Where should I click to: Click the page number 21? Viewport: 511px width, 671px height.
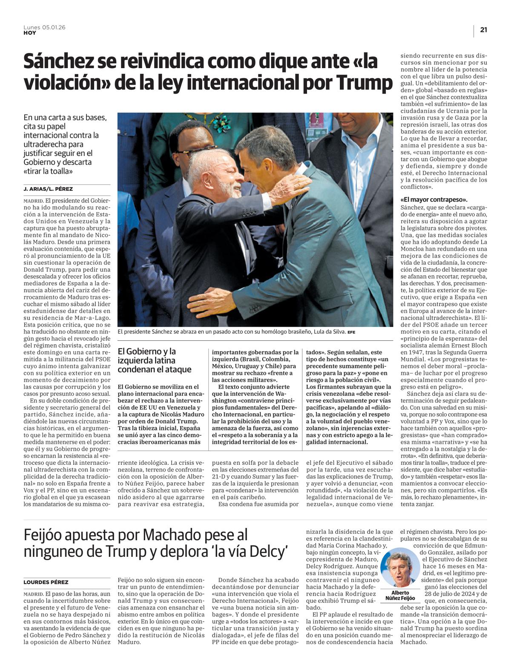pyautogui.click(x=483, y=30)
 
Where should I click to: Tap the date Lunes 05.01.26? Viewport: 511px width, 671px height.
pyautogui.click(x=44, y=27)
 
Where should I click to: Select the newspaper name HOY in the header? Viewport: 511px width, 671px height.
pyautogui.click(x=30, y=33)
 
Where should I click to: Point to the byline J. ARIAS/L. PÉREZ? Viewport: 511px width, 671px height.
pyautogui.click(x=48, y=189)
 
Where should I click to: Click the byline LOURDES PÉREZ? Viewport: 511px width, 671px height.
pyautogui.click(x=46, y=582)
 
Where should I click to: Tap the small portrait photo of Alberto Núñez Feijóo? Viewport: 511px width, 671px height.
pyautogui.click(x=400, y=567)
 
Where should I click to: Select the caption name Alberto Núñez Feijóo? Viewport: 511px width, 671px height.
pyautogui.click(x=400, y=595)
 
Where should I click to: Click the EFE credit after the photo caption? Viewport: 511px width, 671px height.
pyautogui.click(x=351, y=332)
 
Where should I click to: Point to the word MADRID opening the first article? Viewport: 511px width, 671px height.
pyautogui.click(x=34, y=200)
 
